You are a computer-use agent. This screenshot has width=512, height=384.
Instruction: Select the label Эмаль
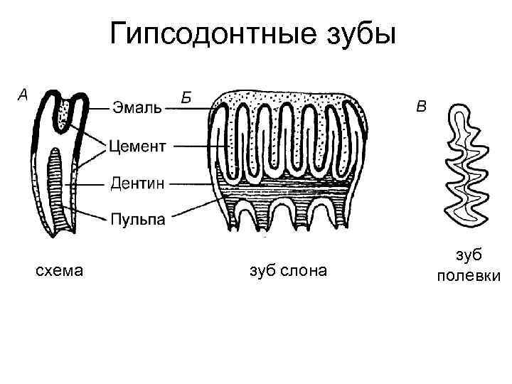(x=137, y=107)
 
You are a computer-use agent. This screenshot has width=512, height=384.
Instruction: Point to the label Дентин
(x=138, y=183)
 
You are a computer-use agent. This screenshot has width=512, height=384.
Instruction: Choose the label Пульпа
(x=138, y=219)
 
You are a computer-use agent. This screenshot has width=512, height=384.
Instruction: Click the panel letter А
(x=22, y=94)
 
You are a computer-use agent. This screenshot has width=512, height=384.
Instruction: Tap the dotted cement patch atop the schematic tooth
(x=65, y=113)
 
